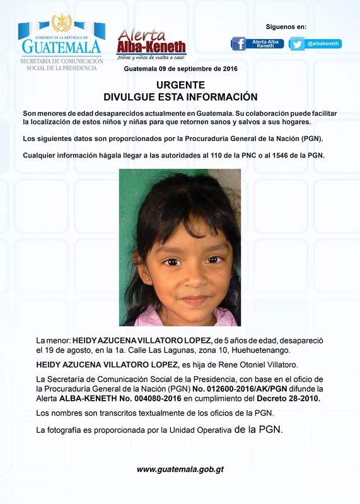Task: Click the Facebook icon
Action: coord(238,43)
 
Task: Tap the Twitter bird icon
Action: coord(297,44)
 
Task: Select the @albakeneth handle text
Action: coord(323,43)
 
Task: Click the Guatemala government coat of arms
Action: coord(61,23)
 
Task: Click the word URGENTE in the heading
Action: coord(180,84)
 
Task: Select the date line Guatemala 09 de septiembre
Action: coord(180,69)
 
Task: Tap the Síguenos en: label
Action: coord(286,26)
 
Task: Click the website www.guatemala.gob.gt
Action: coord(180,469)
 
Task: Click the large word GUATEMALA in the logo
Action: coord(61,47)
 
